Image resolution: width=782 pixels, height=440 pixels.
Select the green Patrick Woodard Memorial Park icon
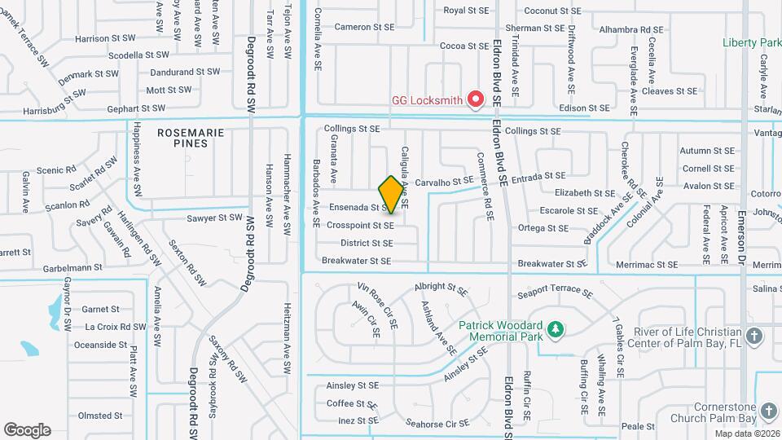[556, 328]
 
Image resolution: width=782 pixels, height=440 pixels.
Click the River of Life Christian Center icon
[754, 336]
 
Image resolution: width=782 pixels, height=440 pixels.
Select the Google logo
[27, 429]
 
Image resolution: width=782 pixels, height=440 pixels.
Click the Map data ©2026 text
[747, 433]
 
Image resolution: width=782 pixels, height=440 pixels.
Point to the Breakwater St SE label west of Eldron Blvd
[356, 261]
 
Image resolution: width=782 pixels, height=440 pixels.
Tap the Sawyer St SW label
[214, 218]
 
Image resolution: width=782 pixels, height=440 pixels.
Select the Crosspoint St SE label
[360, 225]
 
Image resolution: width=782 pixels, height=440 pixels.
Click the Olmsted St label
[99, 416]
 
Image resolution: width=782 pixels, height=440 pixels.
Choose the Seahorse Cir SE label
[437, 423]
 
